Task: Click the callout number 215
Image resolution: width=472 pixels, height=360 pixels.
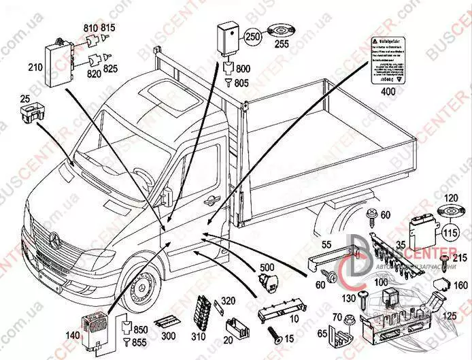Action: point(458,257)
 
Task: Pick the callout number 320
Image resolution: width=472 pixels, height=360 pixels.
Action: point(228,300)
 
